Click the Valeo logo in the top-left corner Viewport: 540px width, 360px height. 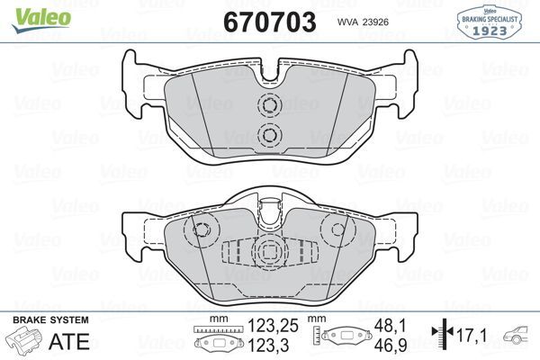[30, 12]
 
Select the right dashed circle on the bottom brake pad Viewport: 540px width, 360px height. [338, 229]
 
